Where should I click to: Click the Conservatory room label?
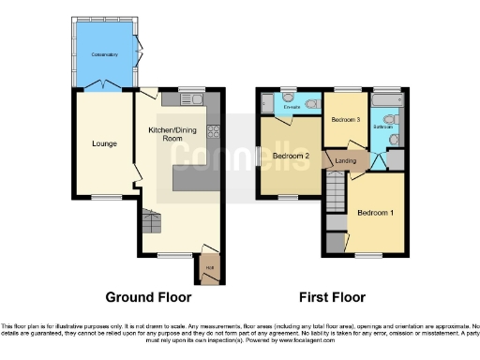[103, 55]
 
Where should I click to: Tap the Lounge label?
[103, 144]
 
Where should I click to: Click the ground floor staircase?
[150, 222]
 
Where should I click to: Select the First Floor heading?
[332, 297]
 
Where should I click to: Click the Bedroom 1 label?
[375, 214]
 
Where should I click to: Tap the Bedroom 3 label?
[346, 120]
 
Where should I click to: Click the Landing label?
[346, 161]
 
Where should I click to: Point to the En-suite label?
[292, 107]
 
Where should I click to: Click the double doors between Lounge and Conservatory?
[103, 86]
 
